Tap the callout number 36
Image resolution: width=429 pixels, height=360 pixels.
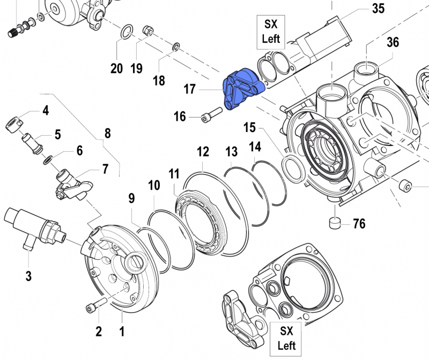(393, 42)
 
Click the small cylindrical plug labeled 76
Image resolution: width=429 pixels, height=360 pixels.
(335, 222)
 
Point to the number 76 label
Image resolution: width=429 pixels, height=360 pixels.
(359, 223)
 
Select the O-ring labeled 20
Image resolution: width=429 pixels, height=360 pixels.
(125, 32)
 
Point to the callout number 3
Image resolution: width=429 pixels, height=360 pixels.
(28, 276)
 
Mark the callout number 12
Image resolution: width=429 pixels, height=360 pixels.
(202, 152)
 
